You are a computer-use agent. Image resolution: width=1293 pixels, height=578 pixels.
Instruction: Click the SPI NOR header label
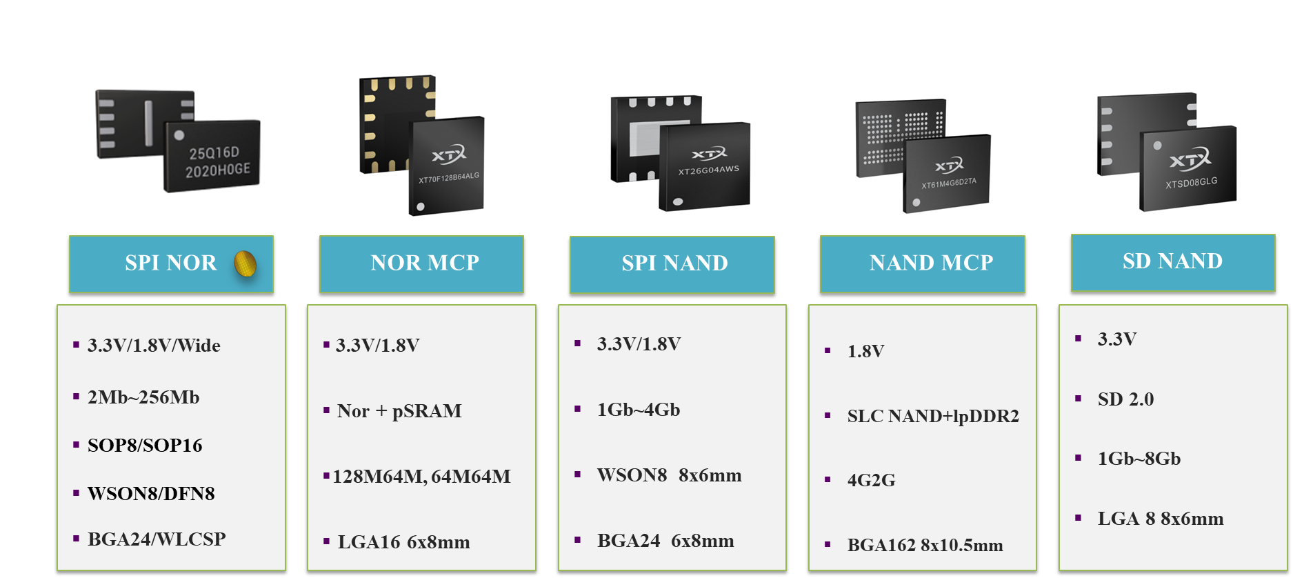[x=170, y=263]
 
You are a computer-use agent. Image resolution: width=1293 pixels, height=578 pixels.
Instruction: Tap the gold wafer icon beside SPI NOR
[x=245, y=263]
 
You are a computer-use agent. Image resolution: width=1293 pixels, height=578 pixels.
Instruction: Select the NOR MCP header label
[x=425, y=263]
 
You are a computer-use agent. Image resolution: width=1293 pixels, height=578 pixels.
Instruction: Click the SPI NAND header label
[x=674, y=263]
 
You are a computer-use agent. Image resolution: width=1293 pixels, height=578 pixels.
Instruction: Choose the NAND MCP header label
[x=931, y=263]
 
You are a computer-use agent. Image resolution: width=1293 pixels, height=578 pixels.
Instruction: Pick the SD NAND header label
[x=1172, y=261]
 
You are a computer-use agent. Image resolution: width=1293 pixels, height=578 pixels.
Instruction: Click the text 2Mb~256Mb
[x=143, y=397]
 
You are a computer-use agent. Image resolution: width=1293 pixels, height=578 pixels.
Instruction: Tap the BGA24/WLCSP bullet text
[x=157, y=539]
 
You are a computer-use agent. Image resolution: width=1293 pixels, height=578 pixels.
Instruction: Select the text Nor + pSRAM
[x=399, y=411]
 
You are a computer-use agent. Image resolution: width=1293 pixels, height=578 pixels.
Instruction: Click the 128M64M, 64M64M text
[x=421, y=477]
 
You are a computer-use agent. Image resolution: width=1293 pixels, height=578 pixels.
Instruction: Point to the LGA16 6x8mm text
[x=403, y=542]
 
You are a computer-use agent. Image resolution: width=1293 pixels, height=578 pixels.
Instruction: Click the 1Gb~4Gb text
[x=639, y=410]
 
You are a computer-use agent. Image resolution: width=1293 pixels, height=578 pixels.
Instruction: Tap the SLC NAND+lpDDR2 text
[x=933, y=416]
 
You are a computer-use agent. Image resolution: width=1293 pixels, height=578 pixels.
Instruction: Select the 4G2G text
[x=871, y=480]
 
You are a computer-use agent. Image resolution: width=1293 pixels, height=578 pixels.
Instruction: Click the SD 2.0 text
[x=1125, y=399]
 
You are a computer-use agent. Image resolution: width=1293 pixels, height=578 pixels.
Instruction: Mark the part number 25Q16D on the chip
[x=214, y=153]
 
